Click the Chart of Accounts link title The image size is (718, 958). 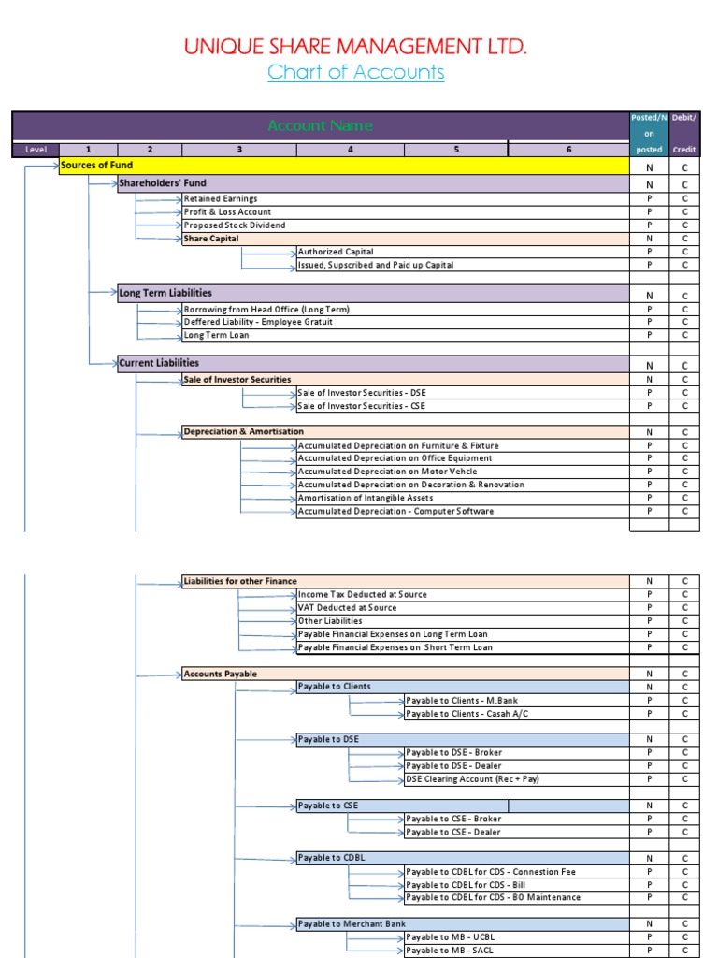pyautogui.click(x=355, y=73)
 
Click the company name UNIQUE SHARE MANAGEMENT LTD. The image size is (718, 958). pyautogui.click(x=355, y=47)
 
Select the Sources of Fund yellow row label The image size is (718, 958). pyautogui.click(x=97, y=166)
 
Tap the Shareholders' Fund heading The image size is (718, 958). pyautogui.click(x=163, y=184)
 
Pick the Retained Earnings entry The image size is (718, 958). pyautogui.click(x=221, y=199)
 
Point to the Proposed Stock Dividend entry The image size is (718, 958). pyautogui.click(x=235, y=225)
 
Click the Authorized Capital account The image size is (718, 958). pyautogui.click(x=336, y=252)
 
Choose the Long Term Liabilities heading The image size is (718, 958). pyautogui.click(x=165, y=294)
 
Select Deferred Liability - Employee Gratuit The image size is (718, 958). pyautogui.click(x=258, y=322)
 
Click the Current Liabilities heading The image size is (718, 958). pyautogui.click(x=159, y=363)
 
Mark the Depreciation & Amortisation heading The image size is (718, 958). pyautogui.click(x=244, y=432)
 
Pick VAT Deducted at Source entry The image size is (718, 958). pyautogui.click(x=347, y=608)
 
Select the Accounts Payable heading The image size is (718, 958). pyautogui.click(x=221, y=674)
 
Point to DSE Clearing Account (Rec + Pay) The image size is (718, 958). pyautogui.click(x=472, y=779)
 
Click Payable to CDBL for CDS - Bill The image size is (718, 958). pyautogui.click(x=467, y=885)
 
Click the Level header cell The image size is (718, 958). pyautogui.click(x=36, y=149)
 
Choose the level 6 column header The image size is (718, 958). pyautogui.click(x=567, y=149)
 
